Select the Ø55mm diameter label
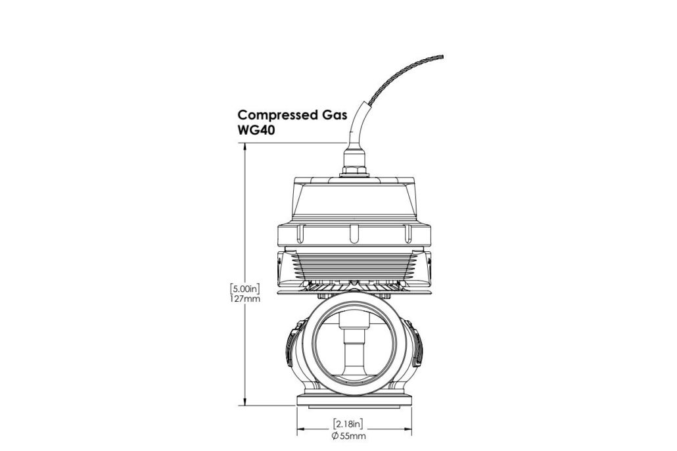(349, 435)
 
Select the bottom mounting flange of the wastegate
(354, 400)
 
